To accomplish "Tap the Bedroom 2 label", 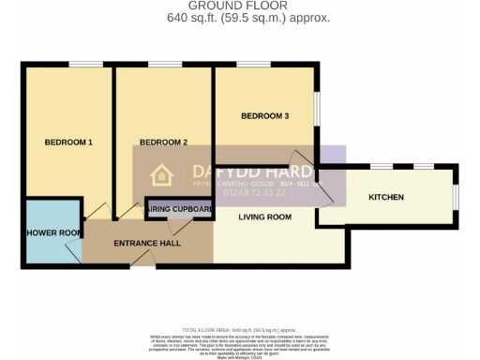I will click(163, 142).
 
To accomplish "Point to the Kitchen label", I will click(386, 198).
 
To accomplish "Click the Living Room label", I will click(265, 217).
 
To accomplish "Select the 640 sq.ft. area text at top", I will click(240, 18).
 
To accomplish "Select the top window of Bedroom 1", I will click(85, 64).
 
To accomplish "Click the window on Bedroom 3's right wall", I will click(316, 107).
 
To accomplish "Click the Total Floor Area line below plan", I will click(240, 331).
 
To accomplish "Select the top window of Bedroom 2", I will click(164, 64).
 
